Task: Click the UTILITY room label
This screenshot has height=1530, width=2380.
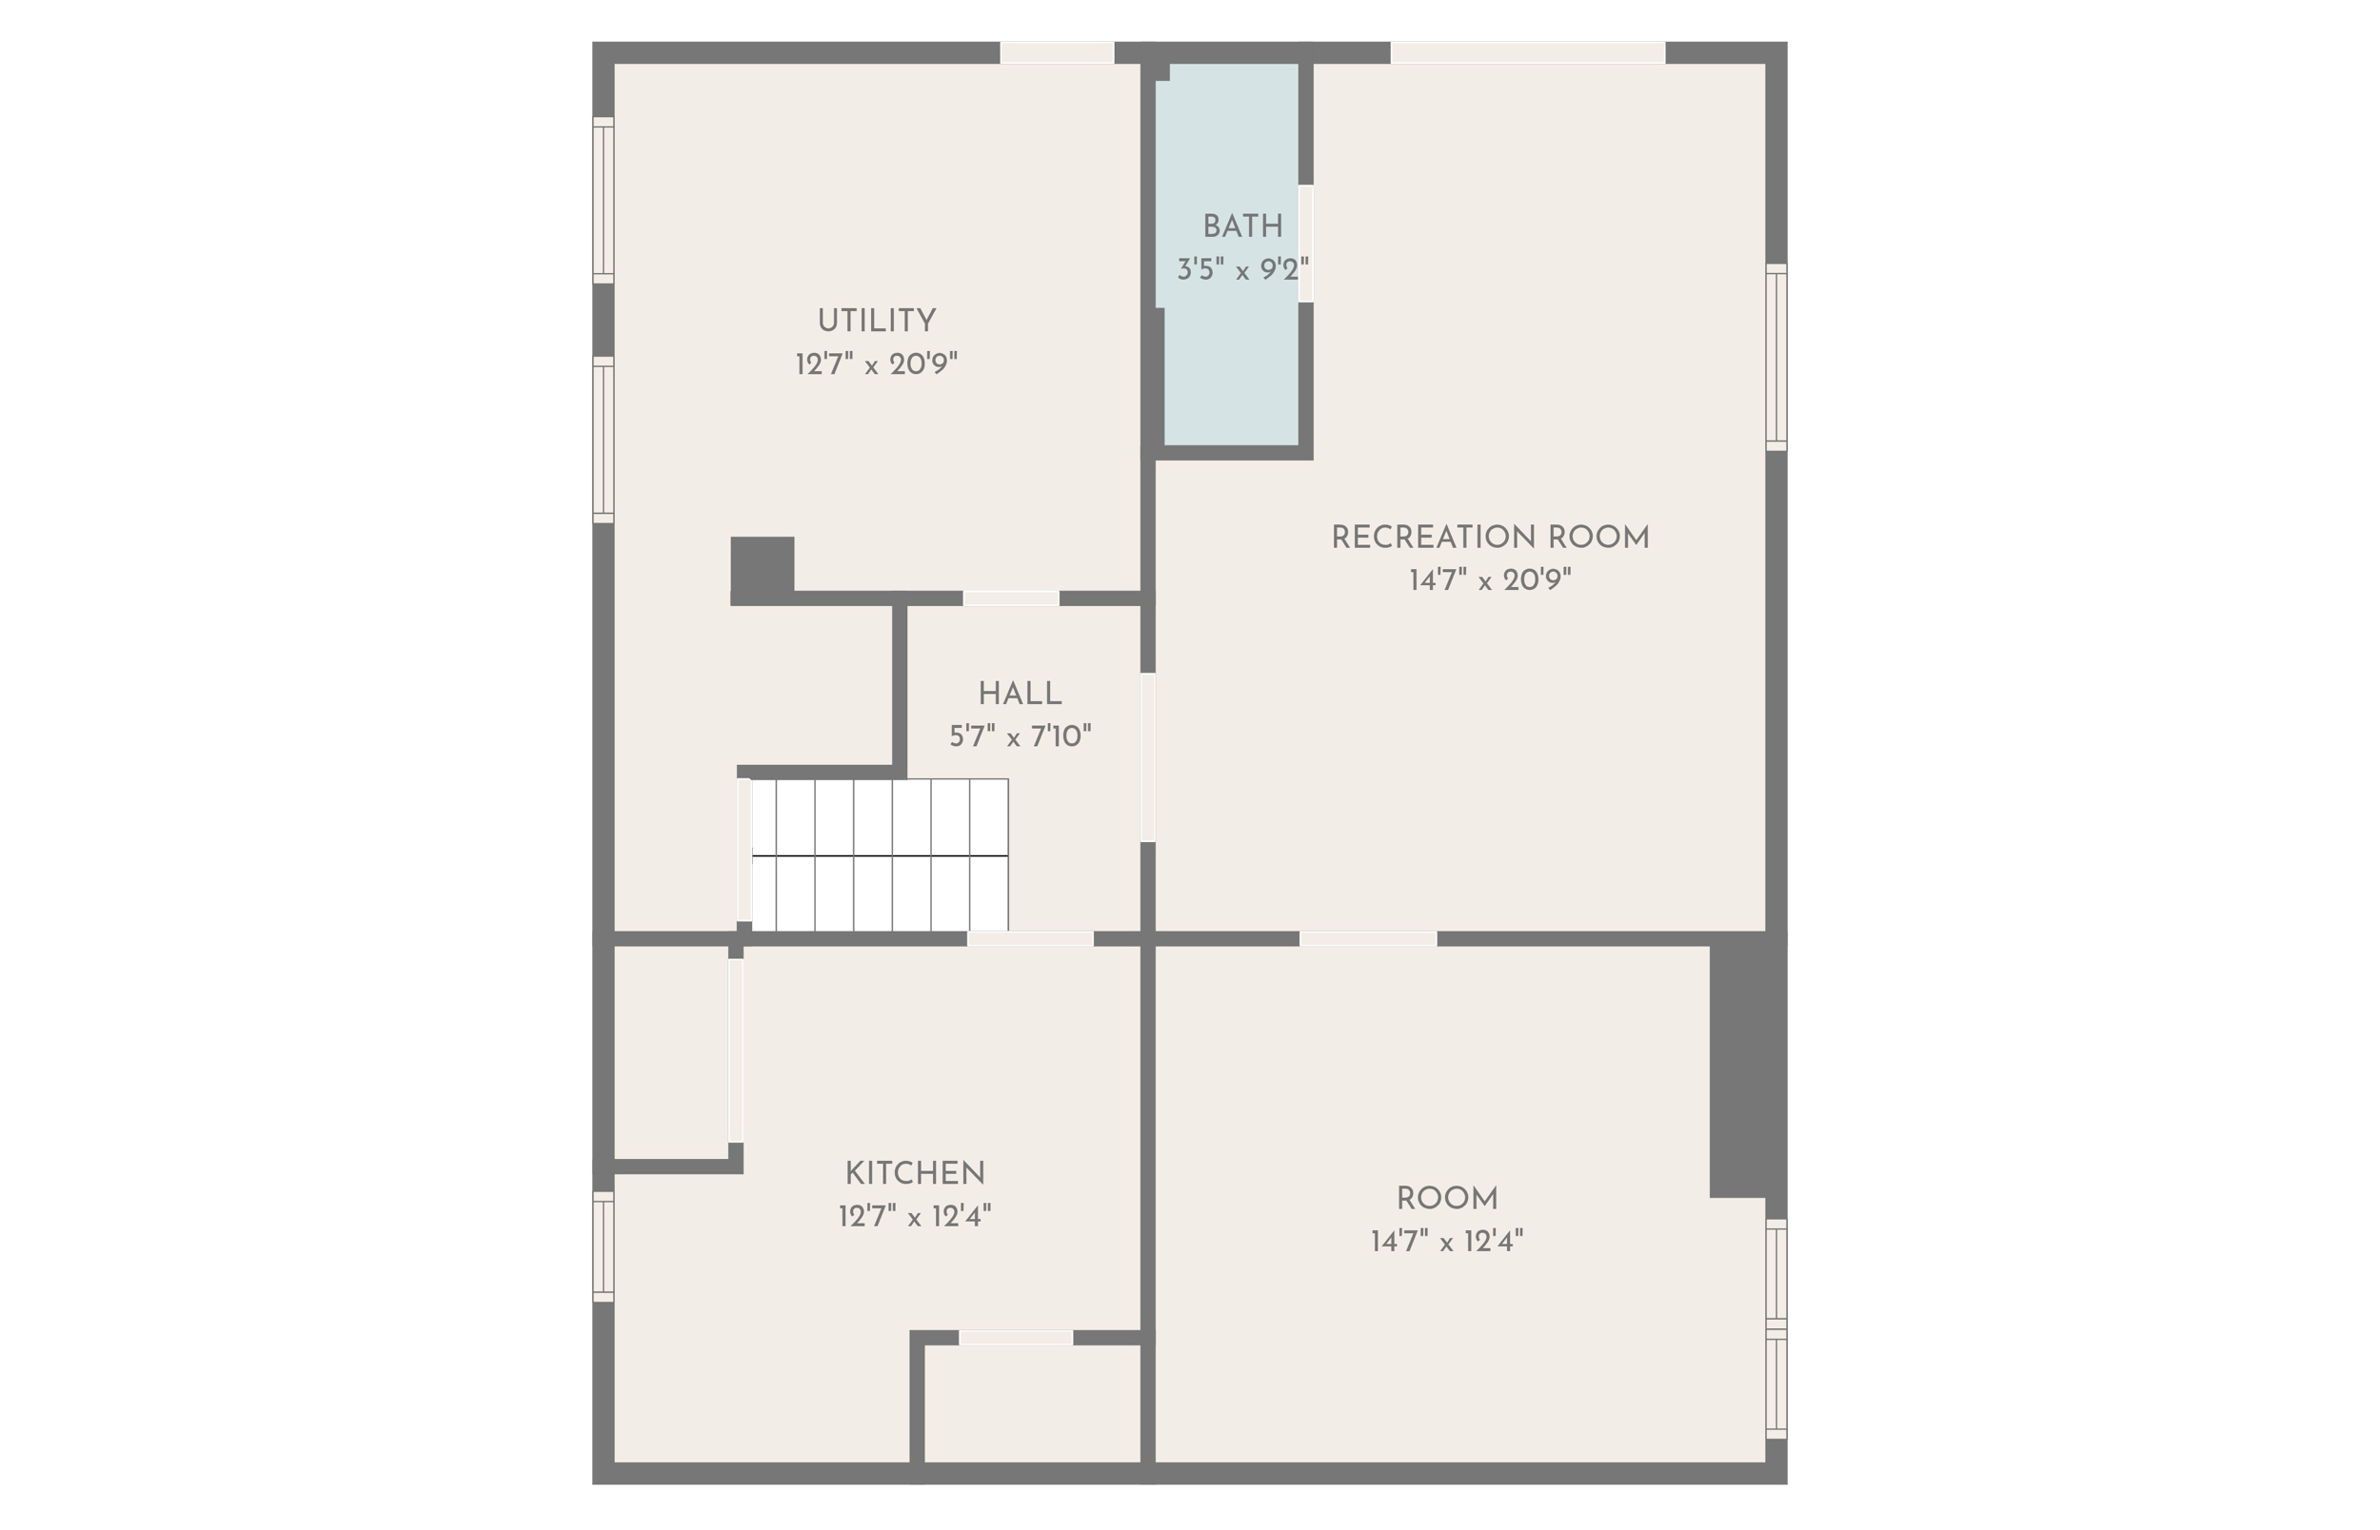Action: coord(876,321)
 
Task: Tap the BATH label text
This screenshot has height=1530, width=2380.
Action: coord(1242,226)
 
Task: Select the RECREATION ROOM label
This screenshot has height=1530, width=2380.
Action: coord(1490,538)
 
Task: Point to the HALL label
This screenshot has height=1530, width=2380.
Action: coord(1020,694)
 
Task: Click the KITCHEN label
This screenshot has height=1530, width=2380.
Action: coord(914,1173)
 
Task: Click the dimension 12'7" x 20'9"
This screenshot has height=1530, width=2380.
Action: coord(876,364)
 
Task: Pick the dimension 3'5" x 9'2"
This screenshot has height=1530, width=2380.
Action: coord(1242,269)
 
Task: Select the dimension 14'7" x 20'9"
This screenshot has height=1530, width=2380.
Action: coord(1490,580)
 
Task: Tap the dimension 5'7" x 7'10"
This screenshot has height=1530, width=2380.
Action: coord(1020,736)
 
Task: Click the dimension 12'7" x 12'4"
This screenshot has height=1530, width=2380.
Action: coord(914,1216)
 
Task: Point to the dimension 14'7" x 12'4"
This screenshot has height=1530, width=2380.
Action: coord(1446,1241)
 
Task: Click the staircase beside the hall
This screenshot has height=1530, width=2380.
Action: coord(880,855)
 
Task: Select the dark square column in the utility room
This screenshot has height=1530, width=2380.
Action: coord(763,566)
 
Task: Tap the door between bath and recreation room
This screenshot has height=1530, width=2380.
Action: coord(1306,244)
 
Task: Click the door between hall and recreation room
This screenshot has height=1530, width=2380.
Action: coord(1148,757)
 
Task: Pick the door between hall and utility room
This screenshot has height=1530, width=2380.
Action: coord(1011,598)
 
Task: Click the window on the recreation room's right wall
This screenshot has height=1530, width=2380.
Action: coord(1775,357)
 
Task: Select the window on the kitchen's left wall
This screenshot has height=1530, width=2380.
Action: coord(604,1246)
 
